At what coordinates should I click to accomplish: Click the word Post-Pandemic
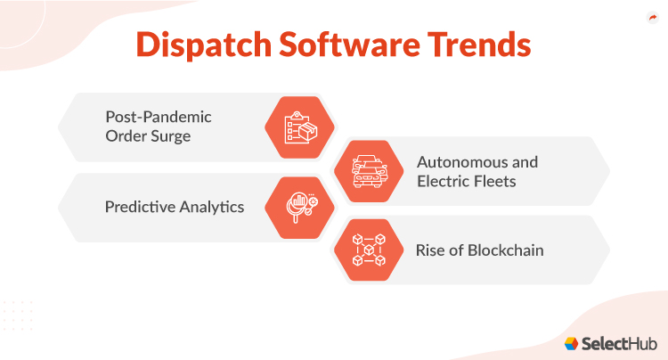(x=159, y=117)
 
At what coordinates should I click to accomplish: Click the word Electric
(x=444, y=181)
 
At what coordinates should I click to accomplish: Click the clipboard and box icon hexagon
(x=299, y=127)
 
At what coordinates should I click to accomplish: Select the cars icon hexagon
(x=367, y=169)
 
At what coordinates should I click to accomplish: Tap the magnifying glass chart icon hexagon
(x=299, y=207)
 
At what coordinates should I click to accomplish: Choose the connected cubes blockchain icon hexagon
(x=367, y=250)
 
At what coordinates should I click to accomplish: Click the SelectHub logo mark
(x=571, y=344)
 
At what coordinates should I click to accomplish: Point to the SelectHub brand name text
(x=616, y=344)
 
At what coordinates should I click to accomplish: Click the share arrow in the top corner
(x=651, y=17)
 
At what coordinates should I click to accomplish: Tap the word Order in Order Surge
(x=127, y=136)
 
